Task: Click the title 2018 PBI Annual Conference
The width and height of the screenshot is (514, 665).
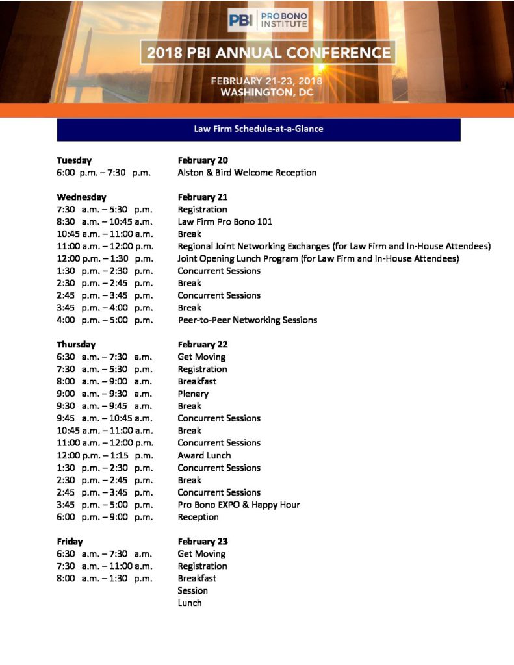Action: pos(268,53)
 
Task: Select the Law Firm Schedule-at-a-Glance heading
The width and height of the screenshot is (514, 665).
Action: pos(259,129)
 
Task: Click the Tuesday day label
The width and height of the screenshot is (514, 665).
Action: pos(74,160)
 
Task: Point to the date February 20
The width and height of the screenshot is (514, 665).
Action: pos(203,160)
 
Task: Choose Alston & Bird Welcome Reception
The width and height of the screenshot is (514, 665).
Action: pos(247,173)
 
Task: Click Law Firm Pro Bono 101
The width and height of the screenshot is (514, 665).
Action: pos(225,222)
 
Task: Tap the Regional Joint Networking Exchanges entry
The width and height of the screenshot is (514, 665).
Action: pos(334,247)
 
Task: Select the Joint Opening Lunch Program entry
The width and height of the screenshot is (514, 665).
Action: pos(318,258)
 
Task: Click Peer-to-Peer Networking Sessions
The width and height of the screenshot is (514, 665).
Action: pos(248,320)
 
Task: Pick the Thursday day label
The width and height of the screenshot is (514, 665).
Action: pos(76,345)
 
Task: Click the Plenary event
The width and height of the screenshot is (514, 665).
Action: pos(193,394)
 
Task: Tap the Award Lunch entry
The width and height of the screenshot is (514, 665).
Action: pos(204,455)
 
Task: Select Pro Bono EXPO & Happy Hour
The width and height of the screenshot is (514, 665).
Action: pos(238,505)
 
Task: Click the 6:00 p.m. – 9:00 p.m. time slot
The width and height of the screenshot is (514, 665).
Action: pos(105,517)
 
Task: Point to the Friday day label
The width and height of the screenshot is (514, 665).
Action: pos(70,542)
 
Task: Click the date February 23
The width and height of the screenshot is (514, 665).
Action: pos(203,542)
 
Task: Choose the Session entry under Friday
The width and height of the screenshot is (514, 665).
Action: pos(192,591)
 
